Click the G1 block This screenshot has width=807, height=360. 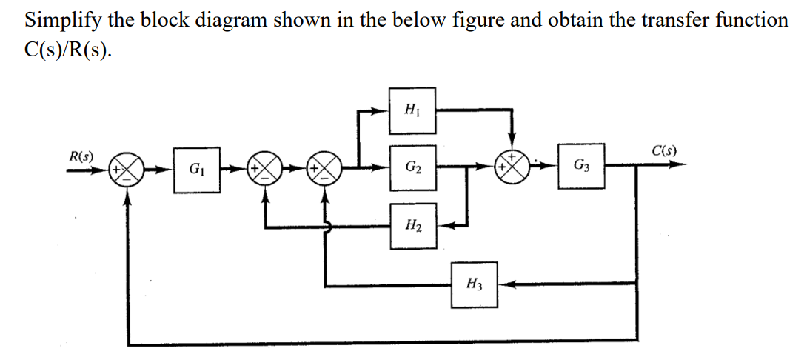pos(196,170)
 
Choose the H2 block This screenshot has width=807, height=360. pos(413,224)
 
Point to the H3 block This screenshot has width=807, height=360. pos(475,284)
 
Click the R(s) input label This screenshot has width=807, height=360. pos(80,157)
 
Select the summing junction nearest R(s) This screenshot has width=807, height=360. pos(129,170)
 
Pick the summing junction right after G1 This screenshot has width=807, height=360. pos(264,170)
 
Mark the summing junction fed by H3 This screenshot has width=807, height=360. pos(327,170)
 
